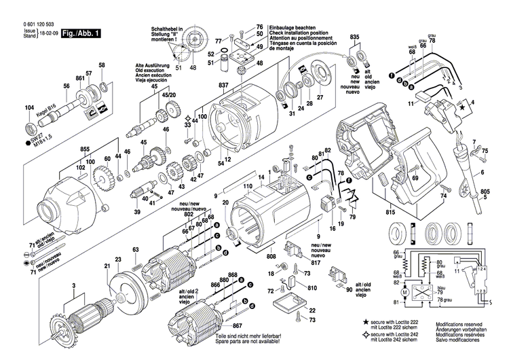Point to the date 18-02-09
tap(49, 32)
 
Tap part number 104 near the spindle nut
tap(29, 109)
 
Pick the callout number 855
tap(85, 149)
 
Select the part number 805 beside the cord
tap(485, 192)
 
